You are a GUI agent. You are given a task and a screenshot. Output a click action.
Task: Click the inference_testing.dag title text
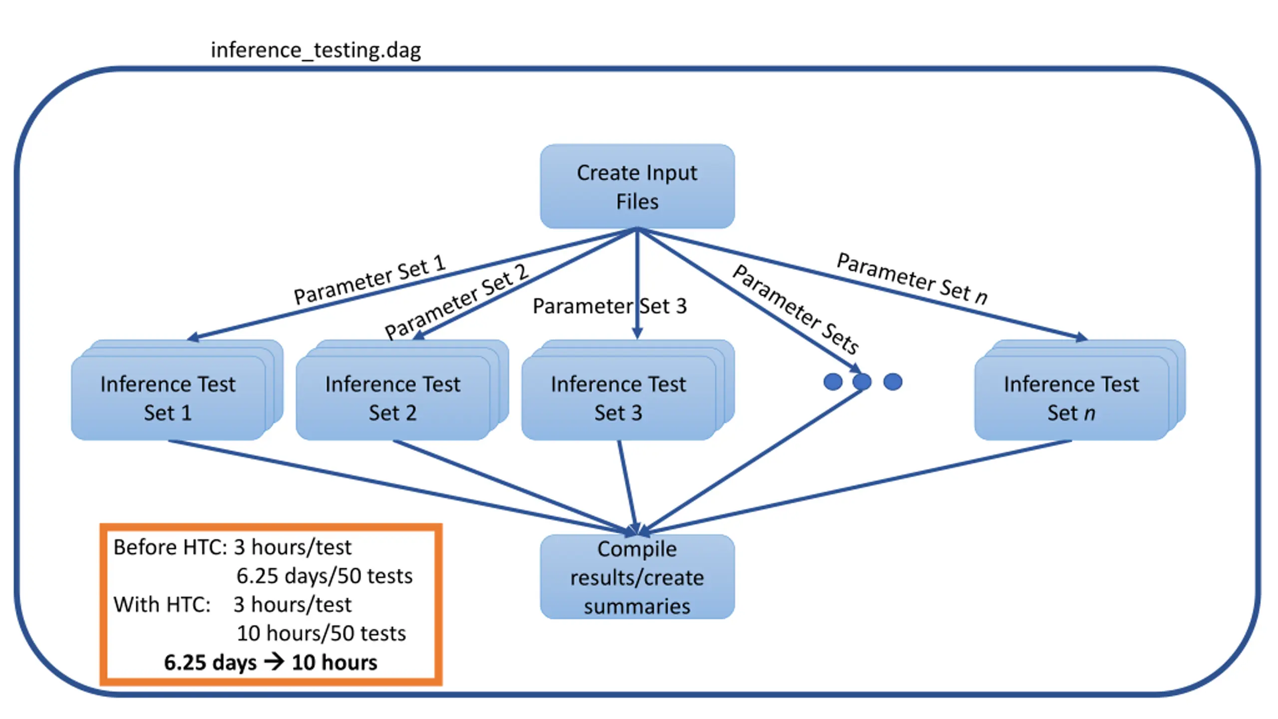click(316, 50)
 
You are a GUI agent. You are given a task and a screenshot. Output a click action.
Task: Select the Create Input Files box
click(637, 186)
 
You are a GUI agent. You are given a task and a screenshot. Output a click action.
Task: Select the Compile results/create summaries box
click(637, 577)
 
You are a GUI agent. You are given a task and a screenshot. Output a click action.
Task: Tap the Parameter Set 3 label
click(610, 306)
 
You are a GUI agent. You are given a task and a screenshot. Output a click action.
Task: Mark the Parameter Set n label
click(912, 278)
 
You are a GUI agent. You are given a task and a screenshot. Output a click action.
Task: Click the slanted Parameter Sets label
click(796, 309)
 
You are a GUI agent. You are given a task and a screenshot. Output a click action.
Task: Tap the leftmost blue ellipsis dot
click(833, 382)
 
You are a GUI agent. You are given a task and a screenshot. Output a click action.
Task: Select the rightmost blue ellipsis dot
click(893, 382)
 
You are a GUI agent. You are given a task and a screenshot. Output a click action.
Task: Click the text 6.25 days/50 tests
click(324, 576)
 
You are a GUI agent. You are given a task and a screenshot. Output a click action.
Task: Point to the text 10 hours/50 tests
click(321, 634)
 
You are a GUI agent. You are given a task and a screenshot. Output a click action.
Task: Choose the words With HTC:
click(162, 605)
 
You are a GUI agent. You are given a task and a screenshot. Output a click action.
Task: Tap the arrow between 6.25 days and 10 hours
click(274, 662)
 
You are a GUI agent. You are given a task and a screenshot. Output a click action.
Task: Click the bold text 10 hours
click(334, 663)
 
